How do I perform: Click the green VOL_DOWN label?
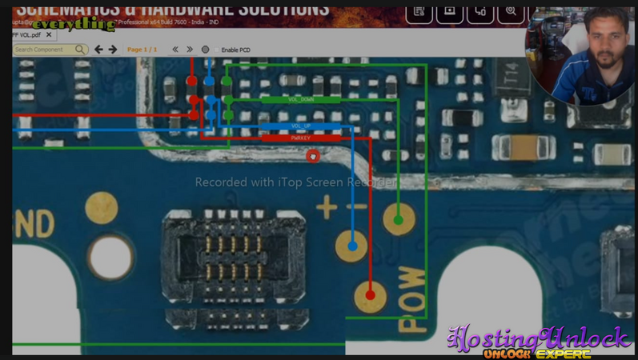tap(300, 100)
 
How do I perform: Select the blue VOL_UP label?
tap(300, 126)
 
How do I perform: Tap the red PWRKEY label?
tap(300, 138)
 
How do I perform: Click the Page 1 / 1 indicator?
tap(142, 50)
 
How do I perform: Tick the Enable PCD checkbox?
tap(217, 50)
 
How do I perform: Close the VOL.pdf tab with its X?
tap(49, 34)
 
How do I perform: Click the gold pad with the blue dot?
tap(351, 239)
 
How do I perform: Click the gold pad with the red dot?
tap(369, 295)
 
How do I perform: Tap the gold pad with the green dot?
tap(398, 218)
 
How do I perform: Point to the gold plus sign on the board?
tap(326, 210)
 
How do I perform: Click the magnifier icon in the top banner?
tap(510, 12)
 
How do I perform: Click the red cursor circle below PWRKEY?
tap(313, 156)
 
